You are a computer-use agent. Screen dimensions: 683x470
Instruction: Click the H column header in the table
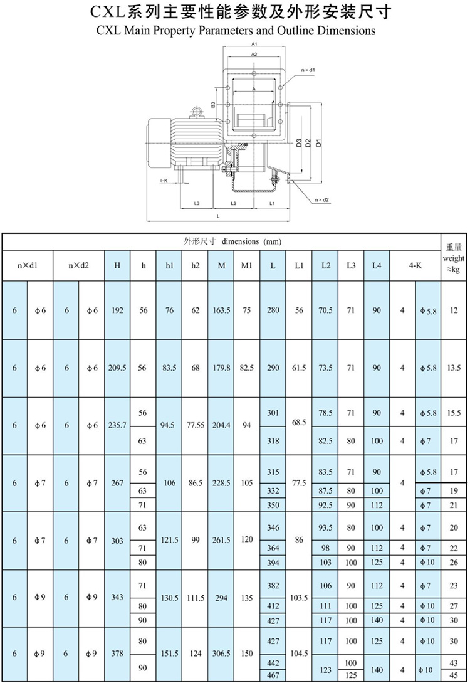(x=117, y=265)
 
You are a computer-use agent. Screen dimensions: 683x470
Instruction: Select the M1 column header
(x=246, y=265)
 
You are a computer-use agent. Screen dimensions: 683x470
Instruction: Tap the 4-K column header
(x=415, y=265)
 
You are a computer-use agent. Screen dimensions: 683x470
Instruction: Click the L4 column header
(x=376, y=265)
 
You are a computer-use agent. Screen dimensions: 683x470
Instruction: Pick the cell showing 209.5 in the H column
(x=117, y=368)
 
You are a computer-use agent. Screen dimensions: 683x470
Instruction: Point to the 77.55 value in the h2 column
(x=196, y=425)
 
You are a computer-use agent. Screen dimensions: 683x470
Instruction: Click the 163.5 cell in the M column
(x=221, y=310)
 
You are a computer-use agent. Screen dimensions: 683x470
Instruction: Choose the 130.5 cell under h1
(x=169, y=598)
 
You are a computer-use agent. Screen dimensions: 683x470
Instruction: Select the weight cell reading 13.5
(x=454, y=368)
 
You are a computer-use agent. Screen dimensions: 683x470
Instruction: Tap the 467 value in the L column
(x=273, y=675)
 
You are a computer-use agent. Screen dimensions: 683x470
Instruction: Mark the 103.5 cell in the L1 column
(x=299, y=598)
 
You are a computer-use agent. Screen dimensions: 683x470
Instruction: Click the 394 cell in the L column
(x=273, y=563)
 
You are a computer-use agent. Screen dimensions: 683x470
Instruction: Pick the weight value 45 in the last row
(x=454, y=675)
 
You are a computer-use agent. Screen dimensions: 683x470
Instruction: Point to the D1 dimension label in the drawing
(x=319, y=142)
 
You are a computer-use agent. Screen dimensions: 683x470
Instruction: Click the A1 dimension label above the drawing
(x=255, y=45)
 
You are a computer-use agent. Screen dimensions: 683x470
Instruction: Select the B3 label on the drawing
(x=213, y=104)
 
